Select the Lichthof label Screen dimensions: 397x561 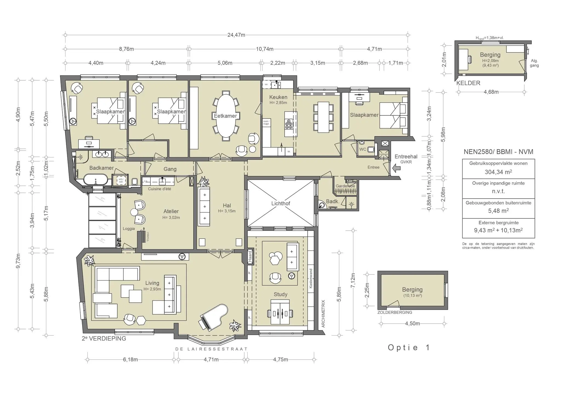coord(280,203)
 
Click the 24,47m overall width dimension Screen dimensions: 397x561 coord(236,35)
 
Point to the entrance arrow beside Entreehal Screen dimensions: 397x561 coord(396,168)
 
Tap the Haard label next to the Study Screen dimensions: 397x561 coord(250,256)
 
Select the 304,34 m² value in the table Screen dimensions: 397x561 coord(498,172)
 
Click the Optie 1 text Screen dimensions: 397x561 coord(409,348)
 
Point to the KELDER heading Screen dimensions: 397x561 coord(468,83)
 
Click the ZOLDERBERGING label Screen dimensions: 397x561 coord(394,312)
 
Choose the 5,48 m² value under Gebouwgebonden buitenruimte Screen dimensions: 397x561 coord(498,211)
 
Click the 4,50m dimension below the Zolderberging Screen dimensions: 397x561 coord(412,324)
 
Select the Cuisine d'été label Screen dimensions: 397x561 coord(159,189)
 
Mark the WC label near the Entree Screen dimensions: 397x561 coord(363,149)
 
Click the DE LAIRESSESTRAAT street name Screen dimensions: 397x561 coord(211,349)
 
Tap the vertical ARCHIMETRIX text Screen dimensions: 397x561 coord(323,314)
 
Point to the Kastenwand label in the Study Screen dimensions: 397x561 coord(311,278)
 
